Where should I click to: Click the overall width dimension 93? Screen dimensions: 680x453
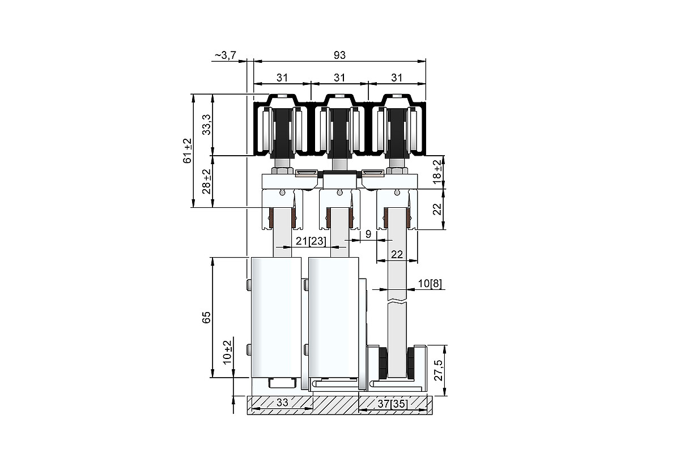click(x=339, y=55)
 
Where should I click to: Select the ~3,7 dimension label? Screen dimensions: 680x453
click(x=226, y=55)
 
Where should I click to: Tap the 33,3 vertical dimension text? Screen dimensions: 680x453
click(x=207, y=125)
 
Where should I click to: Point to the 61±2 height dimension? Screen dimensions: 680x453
click(x=188, y=151)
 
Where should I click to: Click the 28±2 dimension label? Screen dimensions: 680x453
click(x=207, y=181)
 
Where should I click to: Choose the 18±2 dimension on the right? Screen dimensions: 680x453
click(x=437, y=172)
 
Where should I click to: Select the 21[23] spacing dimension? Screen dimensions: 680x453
click(x=311, y=241)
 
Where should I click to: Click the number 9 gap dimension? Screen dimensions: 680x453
click(x=368, y=234)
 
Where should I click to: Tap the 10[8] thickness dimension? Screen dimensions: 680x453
click(x=430, y=283)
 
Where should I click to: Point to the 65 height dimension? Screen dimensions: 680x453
click(x=206, y=317)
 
